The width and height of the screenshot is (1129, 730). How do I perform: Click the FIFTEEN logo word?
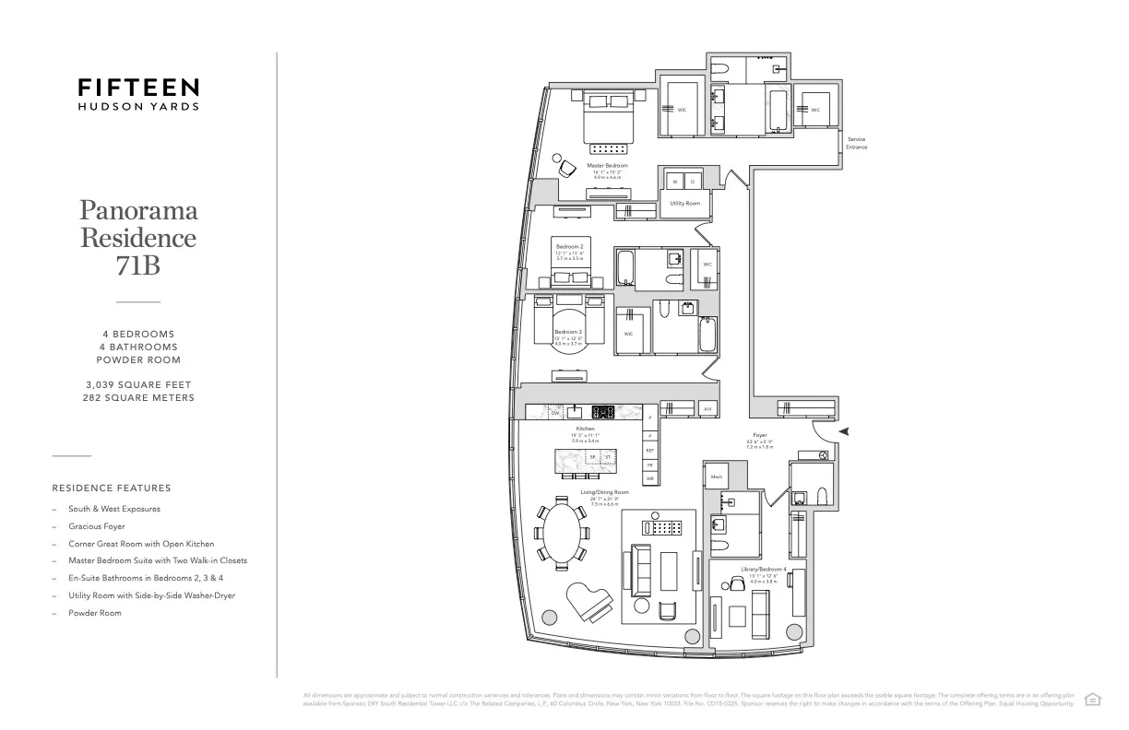(137, 88)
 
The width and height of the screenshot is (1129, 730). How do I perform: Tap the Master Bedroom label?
(607, 166)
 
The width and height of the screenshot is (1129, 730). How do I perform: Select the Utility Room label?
(684, 203)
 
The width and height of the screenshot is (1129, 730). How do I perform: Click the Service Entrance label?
(856, 143)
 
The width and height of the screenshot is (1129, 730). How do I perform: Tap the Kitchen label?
(586, 429)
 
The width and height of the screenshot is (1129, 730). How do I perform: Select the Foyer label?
(759, 435)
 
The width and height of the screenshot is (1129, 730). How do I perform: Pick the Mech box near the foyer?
(717, 477)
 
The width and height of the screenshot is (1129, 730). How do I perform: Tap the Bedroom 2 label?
(568, 247)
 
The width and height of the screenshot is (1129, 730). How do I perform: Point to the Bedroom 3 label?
(567, 332)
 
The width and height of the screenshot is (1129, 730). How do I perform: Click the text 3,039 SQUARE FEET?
(138, 383)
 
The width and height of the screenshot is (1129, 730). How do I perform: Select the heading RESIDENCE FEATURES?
(112, 488)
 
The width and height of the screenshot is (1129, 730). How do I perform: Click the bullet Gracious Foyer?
(96, 526)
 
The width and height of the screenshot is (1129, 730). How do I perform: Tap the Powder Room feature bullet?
(94, 613)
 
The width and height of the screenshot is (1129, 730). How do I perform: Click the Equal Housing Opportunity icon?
(1092, 698)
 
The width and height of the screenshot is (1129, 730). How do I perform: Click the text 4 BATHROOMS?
(138, 347)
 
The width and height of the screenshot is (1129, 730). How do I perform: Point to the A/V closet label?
(707, 408)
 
